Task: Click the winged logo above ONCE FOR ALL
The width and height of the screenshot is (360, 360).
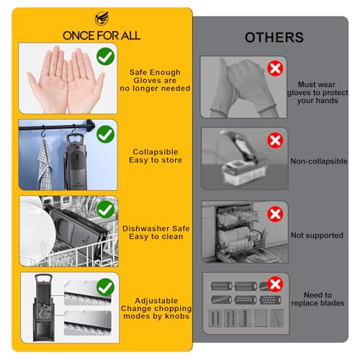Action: (x=102, y=19)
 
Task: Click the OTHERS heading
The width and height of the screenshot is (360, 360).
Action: (x=274, y=37)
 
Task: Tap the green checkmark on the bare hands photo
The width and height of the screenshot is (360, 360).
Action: (x=105, y=56)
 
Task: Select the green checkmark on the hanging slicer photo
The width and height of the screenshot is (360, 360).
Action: (x=105, y=134)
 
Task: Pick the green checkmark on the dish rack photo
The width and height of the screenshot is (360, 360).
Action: (x=105, y=210)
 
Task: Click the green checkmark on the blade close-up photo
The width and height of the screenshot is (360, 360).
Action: (x=105, y=287)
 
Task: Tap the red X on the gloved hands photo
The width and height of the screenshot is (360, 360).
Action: (x=275, y=68)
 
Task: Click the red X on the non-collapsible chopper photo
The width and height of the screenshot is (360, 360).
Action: (x=275, y=140)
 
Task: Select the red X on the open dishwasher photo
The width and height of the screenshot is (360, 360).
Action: (x=275, y=214)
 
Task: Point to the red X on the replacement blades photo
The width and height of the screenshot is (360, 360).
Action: (x=275, y=284)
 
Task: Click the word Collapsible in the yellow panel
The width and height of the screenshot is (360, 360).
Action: (x=156, y=152)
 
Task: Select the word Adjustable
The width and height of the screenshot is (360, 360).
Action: (x=156, y=301)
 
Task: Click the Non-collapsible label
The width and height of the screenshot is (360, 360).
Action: (x=319, y=161)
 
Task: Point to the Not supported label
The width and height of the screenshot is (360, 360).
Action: (x=317, y=235)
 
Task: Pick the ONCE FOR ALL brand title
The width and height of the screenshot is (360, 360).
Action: (x=102, y=36)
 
